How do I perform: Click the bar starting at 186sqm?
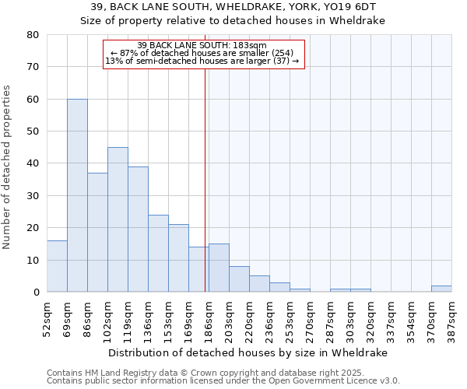[219, 268]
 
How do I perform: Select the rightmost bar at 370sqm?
[441, 289]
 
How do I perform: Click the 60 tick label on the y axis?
[33, 100]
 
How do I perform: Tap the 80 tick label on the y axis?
[33, 35]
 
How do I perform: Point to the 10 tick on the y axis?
[33, 260]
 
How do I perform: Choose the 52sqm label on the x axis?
[47, 319]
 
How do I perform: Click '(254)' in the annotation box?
[279, 53]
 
